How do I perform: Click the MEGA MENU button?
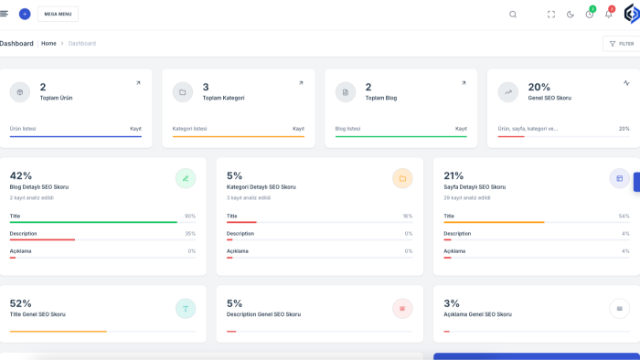pyautogui.click(x=58, y=14)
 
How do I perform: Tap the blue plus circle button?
pyautogui.click(x=25, y=14)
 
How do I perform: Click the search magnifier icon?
pyautogui.click(x=513, y=15)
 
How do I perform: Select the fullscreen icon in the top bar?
pyautogui.click(x=551, y=15)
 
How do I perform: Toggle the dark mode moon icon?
pyautogui.click(x=571, y=15)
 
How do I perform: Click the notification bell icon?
pyautogui.click(x=609, y=15)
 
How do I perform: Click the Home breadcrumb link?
pyautogui.click(x=48, y=43)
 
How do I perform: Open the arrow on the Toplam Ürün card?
pyautogui.click(x=138, y=83)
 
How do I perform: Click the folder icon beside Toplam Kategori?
pyautogui.click(x=183, y=92)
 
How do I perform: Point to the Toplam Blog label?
pyautogui.click(x=381, y=98)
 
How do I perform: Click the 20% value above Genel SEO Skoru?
pyautogui.click(x=539, y=87)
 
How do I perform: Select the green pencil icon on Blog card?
pyautogui.click(x=186, y=178)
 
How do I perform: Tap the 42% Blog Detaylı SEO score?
pyautogui.click(x=21, y=175)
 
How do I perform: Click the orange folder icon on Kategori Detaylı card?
pyautogui.click(x=402, y=178)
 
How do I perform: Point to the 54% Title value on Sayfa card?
pyautogui.click(x=624, y=216)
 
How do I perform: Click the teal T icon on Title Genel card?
pyautogui.click(x=186, y=309)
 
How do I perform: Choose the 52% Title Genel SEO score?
pyautogui.click(x=20, y=303)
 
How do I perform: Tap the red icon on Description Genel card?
pyautogui.click(x=402, y=309)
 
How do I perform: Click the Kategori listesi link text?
pyautogui.click(x=189, y=129)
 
